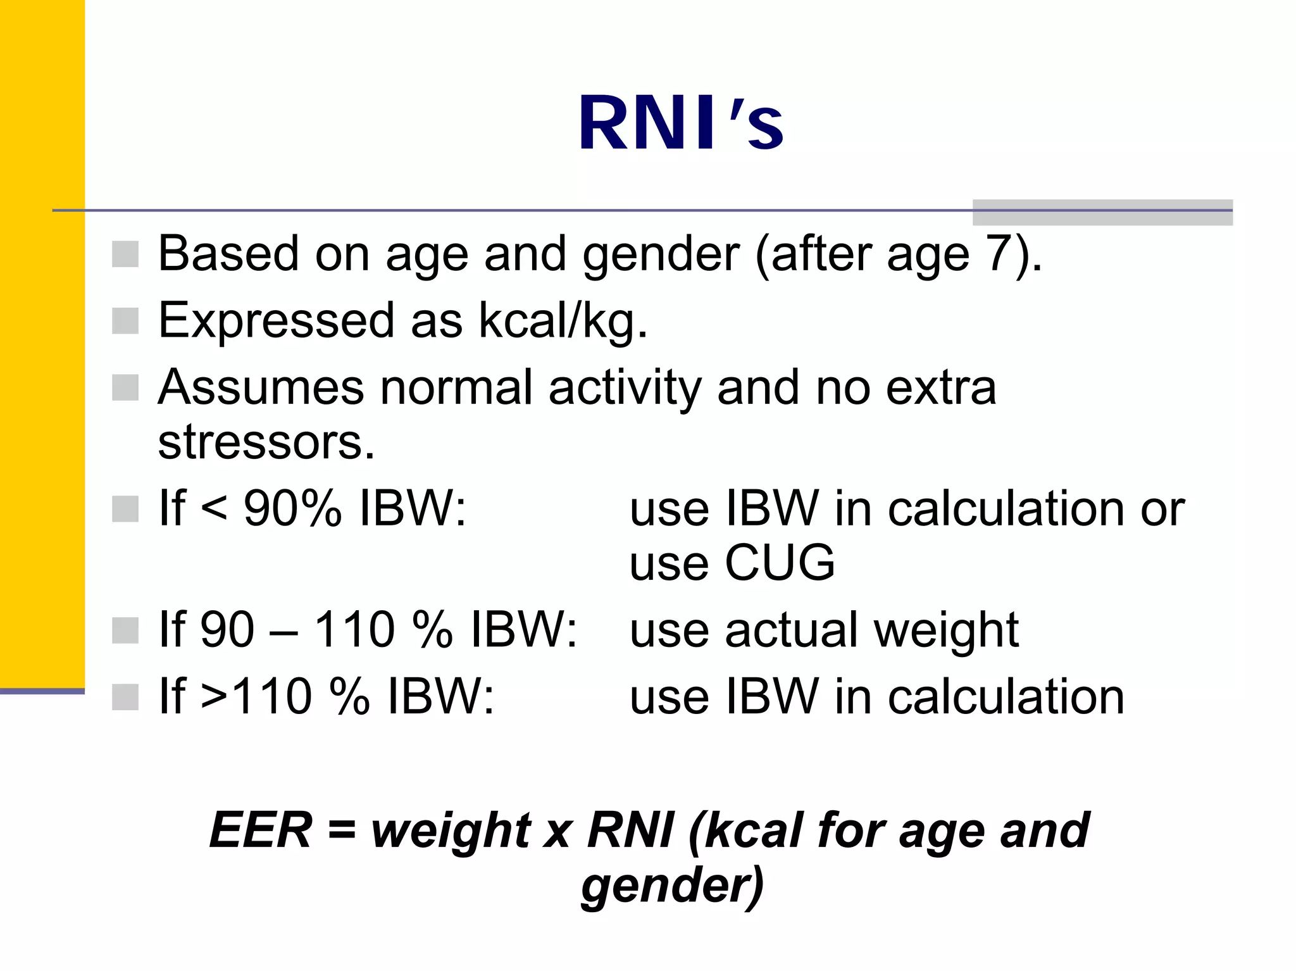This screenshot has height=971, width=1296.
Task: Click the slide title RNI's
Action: click(x=680, y=123)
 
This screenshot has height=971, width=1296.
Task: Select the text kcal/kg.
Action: click(x=563, y=321)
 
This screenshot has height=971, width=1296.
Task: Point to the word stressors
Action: click(x=266, y=442)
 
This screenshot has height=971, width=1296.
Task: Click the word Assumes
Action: click(x=260, y=387)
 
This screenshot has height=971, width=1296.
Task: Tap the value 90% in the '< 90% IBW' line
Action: click(x=292, y=508)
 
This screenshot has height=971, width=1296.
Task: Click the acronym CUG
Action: click(x=780, y=562)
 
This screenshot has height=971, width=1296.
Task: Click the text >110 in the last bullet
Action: click(x=256, y=696)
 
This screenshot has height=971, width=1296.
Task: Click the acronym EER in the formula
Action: click(x=260, y=830)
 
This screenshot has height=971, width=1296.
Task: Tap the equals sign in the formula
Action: click(x=342, y=830)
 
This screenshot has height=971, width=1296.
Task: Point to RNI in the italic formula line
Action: click(x=630, y=830)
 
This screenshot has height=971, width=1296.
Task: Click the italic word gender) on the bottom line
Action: click(x=673, y=885)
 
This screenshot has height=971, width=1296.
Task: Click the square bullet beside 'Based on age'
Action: click(x=125, y=254)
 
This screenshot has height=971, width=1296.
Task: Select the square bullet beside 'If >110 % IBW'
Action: click(x=125, y=697)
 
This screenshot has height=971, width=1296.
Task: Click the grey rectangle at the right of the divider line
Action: click(x=1102, y=212)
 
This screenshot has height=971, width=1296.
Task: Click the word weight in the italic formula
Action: click(x=451, y=830)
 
